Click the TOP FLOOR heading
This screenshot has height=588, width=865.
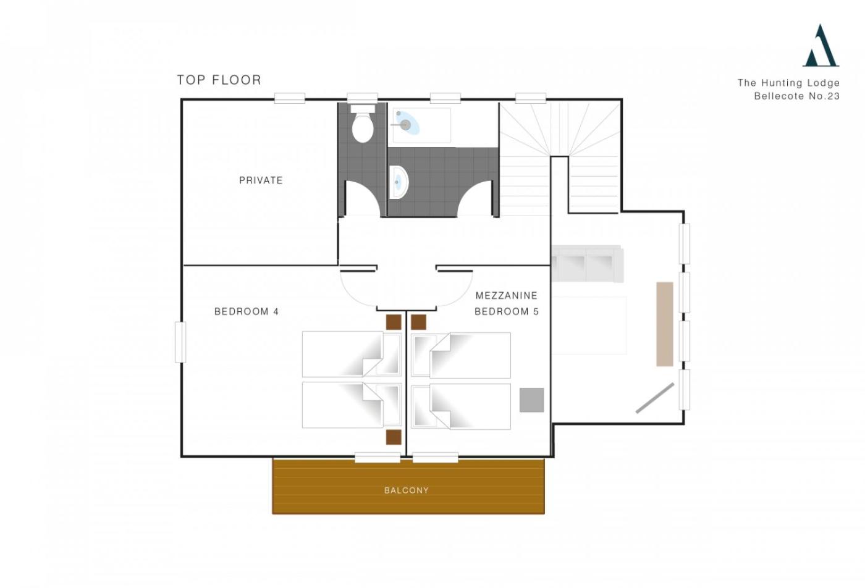coord(219,80)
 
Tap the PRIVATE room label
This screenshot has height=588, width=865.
coord(261,180)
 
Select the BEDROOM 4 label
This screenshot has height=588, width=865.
coord(247,311)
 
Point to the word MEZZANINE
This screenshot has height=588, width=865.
coord(506,295)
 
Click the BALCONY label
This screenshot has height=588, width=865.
coord(407,490)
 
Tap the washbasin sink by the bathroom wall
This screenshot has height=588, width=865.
coord(399,182)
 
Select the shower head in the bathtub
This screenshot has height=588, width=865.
coord(404,124)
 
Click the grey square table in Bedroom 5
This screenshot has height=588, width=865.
coord(531,400)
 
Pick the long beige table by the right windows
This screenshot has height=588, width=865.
coord(665,324)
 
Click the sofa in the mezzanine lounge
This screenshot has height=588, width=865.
coord(587,264)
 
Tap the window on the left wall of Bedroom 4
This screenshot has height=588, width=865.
coord(180,342)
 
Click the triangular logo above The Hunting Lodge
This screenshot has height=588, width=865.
coord(821,46)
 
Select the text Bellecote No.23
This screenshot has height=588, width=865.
coord(796,96)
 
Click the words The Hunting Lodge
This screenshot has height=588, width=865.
coord(788,83)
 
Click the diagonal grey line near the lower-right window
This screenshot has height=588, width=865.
coord(654,398)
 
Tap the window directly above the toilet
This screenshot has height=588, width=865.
coord(362,98)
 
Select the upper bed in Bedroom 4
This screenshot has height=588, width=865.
coord(352,354)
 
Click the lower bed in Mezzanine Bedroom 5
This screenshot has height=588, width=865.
coord(461,406)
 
